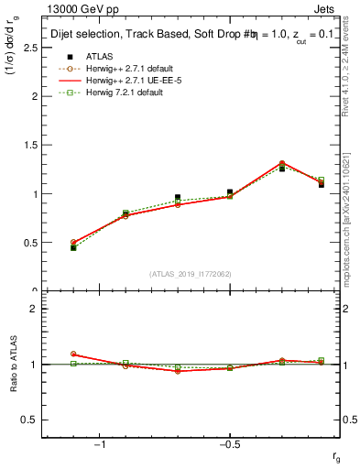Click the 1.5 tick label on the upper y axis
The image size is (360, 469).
pos(30,145)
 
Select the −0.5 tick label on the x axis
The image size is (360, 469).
pos(228,445)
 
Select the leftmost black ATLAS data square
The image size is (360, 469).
pos(73,247)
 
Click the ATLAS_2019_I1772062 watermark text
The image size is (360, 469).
pos(191,273)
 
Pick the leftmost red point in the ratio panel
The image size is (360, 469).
pos(73,354)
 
